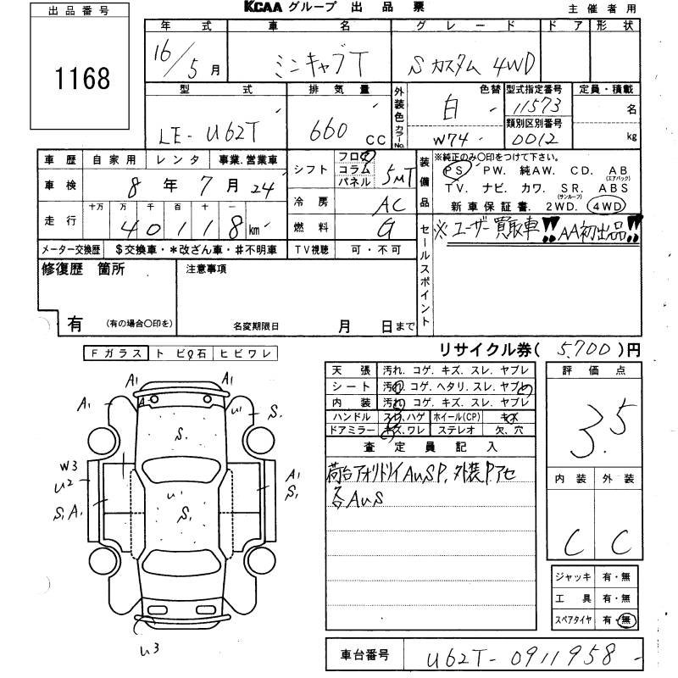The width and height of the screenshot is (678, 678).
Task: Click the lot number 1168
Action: pyautogui.click(x=83, y=79)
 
